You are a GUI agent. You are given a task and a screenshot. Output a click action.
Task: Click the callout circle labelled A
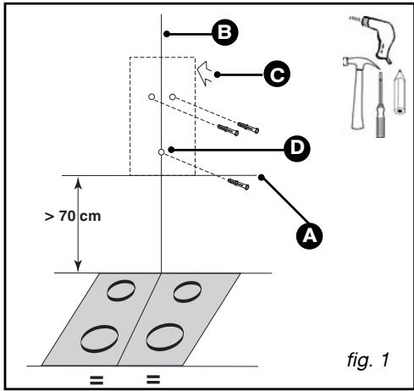pos(309,235)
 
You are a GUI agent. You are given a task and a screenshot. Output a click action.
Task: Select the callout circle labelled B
pos(225,32)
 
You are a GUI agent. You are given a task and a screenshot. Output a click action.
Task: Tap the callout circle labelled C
pos(277,74)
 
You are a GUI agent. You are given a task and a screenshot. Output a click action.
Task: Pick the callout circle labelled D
pos(297,148)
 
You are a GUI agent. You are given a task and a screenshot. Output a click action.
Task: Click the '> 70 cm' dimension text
pos(73,217)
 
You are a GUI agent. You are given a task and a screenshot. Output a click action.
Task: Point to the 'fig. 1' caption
pos(368,360)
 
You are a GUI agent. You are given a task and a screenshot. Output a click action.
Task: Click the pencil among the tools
pos(400,92)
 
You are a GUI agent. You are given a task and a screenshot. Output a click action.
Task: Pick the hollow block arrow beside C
pos(205,74)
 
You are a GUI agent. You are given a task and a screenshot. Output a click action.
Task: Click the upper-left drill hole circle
pos(152,96)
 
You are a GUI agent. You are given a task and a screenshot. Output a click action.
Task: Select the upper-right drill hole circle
pos(173,96)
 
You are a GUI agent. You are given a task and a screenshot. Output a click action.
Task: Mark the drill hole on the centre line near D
pos(161,152)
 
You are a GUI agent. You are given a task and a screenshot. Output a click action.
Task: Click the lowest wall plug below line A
pos(239,184)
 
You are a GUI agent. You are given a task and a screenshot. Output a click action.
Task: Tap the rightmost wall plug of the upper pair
pos(248,128)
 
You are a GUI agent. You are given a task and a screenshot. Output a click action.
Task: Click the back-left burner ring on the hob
pos(121,290)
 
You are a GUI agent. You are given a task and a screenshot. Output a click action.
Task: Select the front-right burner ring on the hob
pos(165,337)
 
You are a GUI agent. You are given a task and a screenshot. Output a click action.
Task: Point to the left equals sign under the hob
pos(97,380)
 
